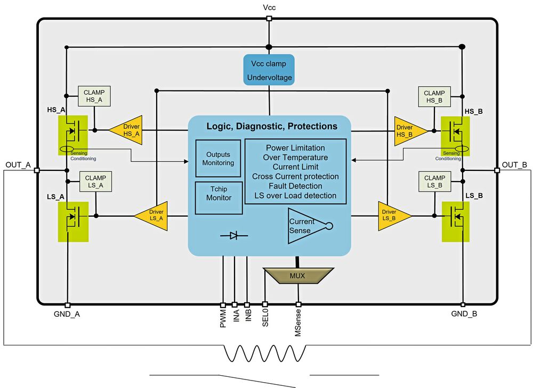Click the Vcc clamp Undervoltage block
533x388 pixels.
[269, 70]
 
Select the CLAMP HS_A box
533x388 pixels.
[94, 96]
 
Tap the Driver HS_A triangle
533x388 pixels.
[127, 129]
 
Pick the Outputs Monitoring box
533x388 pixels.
[218, 159]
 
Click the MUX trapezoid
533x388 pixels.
[297, 276]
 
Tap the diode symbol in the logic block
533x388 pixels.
[233, 235]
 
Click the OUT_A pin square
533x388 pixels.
[36, 170]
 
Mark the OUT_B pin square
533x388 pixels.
[497, 170]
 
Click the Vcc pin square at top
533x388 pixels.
[269, 19]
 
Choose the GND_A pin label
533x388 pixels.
[67, 314]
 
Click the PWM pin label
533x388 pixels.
[224, 318]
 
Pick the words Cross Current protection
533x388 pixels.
[295, 176]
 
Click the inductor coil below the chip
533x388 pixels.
[265, 353]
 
